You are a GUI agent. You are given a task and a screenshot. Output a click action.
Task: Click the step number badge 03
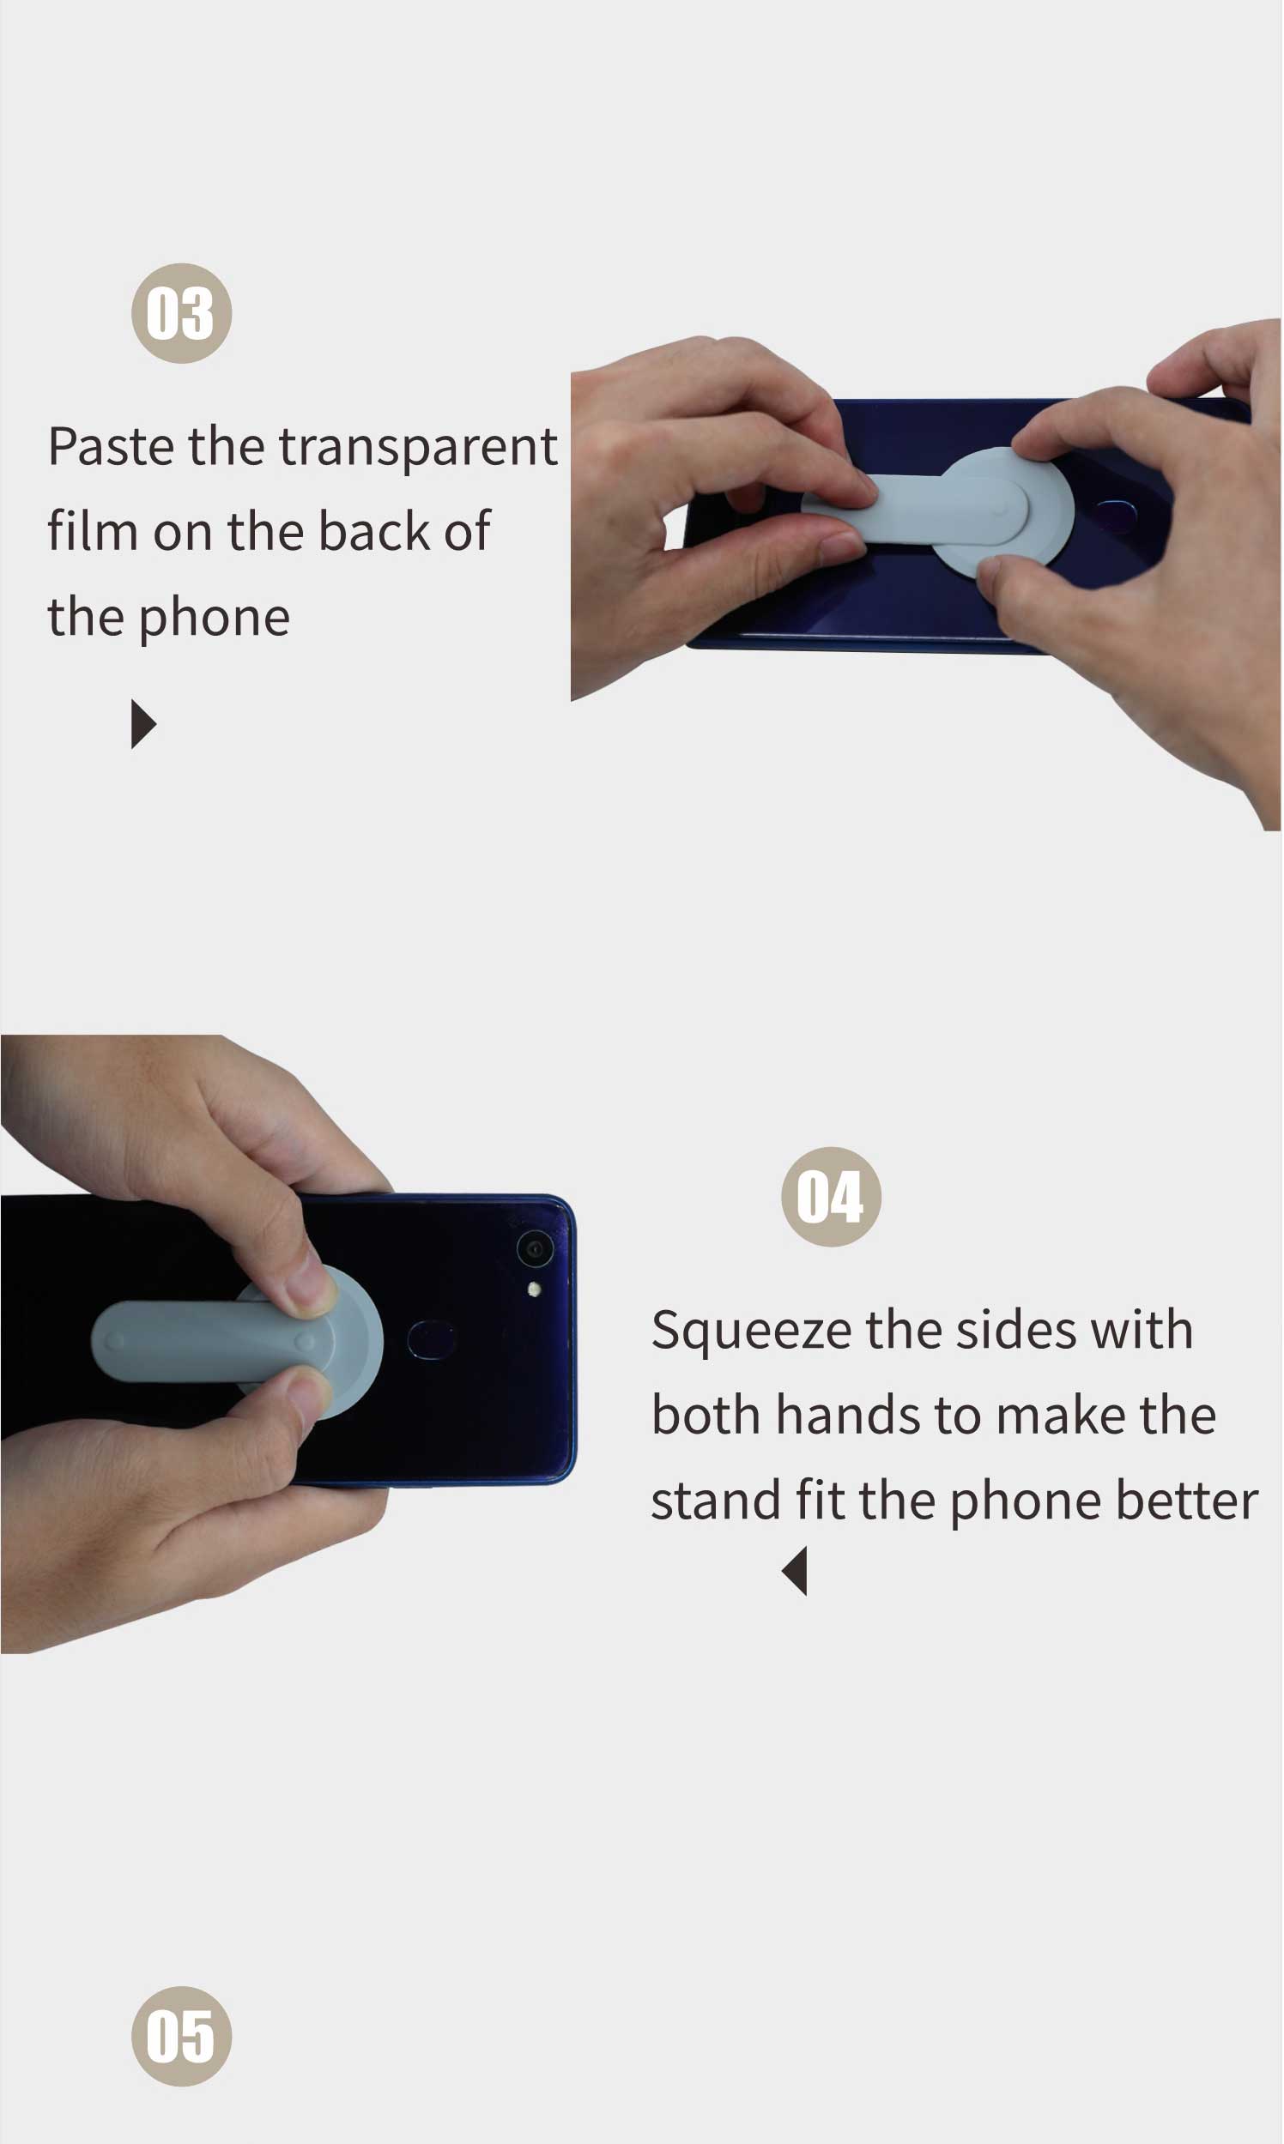coord(182,313)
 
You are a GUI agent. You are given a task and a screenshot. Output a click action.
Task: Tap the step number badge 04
coord(831,1197)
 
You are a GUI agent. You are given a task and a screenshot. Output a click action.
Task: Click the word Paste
coord(111,447)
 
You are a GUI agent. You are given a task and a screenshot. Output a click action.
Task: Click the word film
coord(92,531)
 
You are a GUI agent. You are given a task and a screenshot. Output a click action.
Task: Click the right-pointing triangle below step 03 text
coord(142,725)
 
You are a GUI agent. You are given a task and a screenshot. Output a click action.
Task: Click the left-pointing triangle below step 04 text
coord(795,1572)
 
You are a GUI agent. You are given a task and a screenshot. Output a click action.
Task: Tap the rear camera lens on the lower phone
coord(535,1250)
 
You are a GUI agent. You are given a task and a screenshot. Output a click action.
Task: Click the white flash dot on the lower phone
coord(535,1290)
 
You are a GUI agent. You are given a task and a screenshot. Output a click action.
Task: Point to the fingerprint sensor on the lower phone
coord(431,1339)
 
